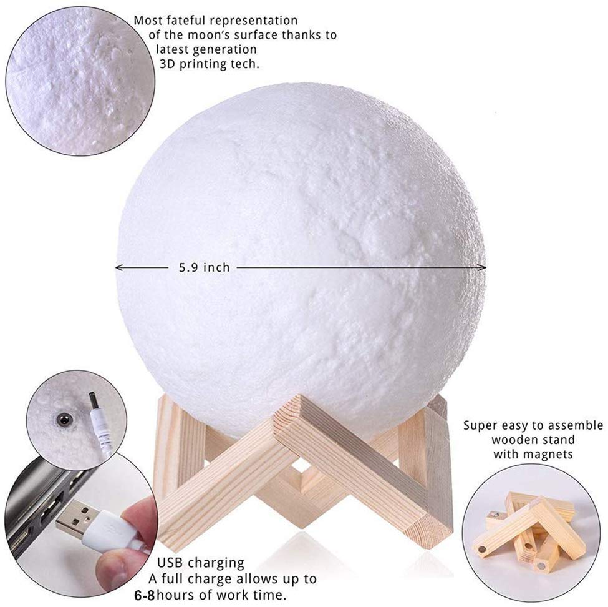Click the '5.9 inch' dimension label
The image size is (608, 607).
205,267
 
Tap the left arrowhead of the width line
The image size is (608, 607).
118,267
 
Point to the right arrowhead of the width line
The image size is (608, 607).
483,267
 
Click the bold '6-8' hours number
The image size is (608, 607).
144,595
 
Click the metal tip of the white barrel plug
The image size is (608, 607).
94,400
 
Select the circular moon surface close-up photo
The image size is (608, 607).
80,81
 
